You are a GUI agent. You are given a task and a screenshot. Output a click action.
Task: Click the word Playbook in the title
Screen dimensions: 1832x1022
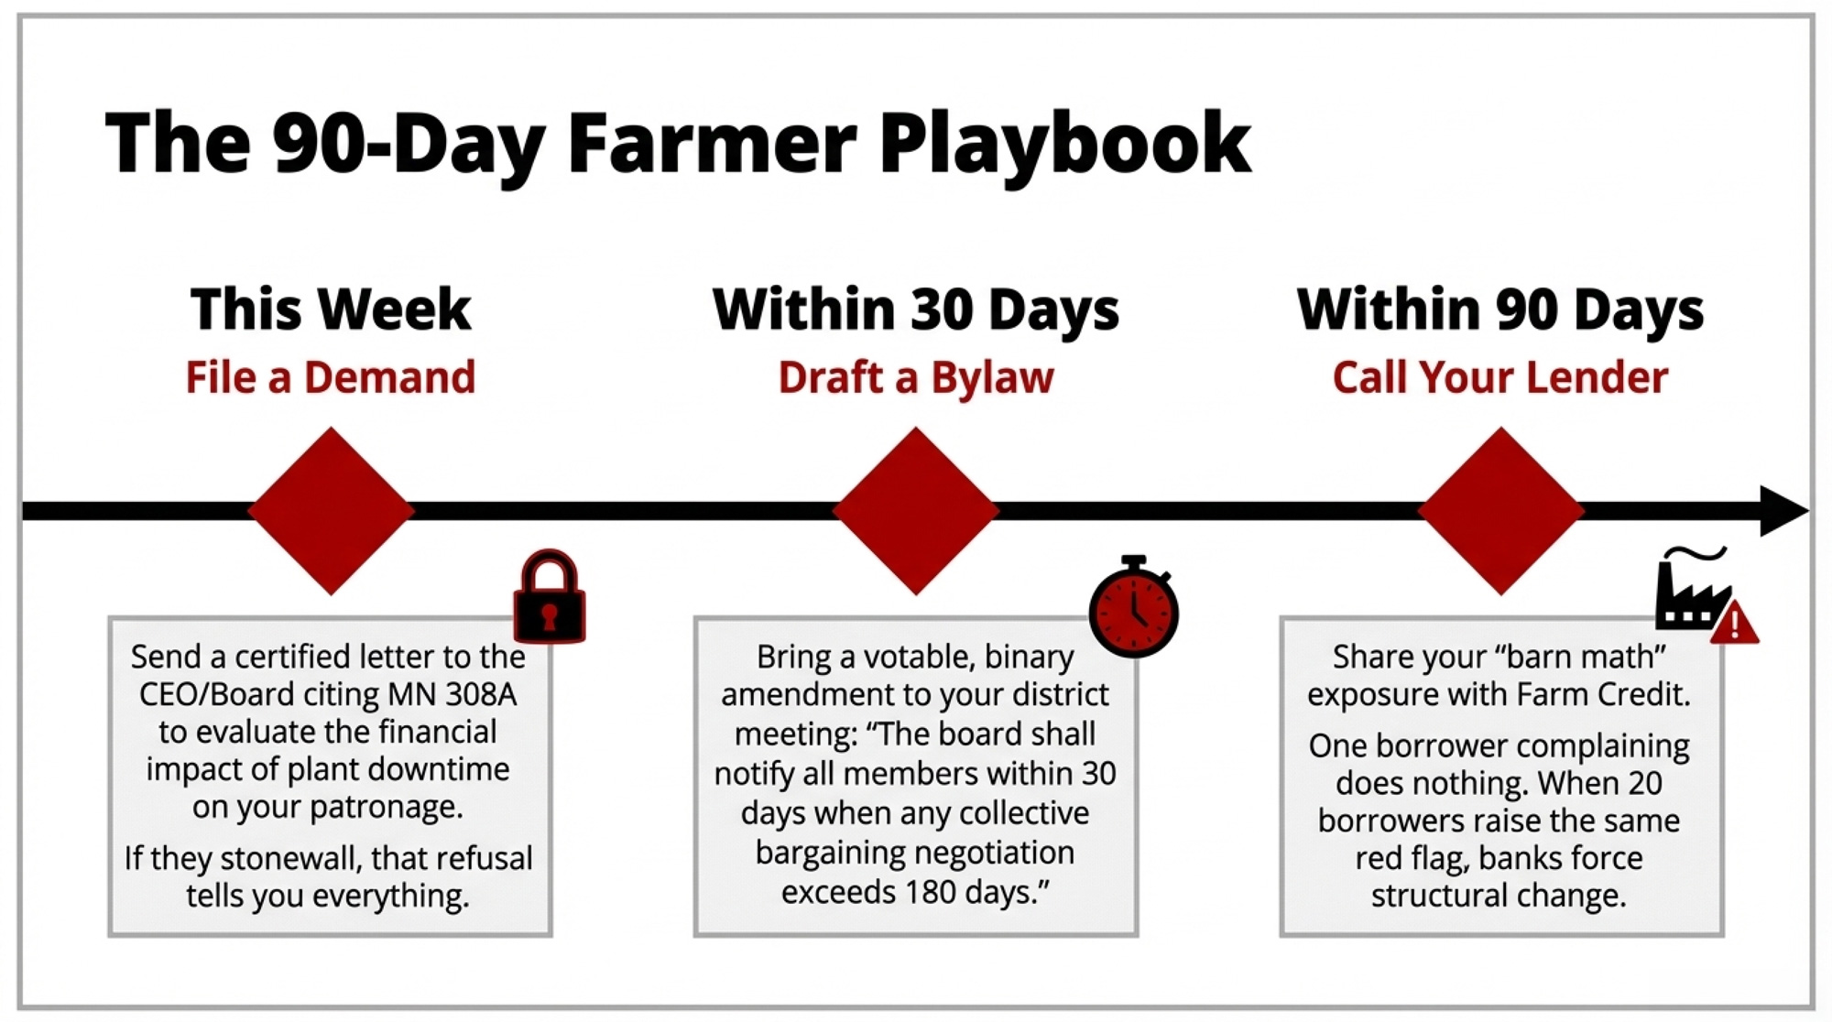click(x=1064, y=145)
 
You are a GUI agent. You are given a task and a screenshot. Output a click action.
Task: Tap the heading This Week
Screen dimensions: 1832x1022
click(x=331, y=310)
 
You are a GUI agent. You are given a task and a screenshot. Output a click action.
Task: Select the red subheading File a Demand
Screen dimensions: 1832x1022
click(x=331, y=377)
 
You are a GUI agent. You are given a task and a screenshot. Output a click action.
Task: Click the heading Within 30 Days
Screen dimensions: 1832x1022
click(x=916, y=310)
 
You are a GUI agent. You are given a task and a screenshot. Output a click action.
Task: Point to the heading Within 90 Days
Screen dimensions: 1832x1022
click(x=1500, y=310)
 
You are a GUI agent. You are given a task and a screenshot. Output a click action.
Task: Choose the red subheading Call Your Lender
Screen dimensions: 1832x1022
click(x=1500, y=377)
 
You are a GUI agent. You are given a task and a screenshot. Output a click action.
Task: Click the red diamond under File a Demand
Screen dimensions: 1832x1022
click(x=331, y=511)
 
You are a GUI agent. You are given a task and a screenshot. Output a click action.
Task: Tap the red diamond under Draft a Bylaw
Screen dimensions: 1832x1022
click(x=916, y=511)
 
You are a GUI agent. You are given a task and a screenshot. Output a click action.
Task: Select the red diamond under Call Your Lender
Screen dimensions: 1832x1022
click(x=1500, y=511)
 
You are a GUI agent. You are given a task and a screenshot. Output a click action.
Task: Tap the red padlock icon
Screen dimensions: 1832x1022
click(x=550, y=596)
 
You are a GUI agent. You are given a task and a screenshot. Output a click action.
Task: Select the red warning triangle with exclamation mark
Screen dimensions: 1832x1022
click(x=1734, y=623)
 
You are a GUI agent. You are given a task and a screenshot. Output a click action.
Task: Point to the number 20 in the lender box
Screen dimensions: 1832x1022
click(x=1645, y=783)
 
